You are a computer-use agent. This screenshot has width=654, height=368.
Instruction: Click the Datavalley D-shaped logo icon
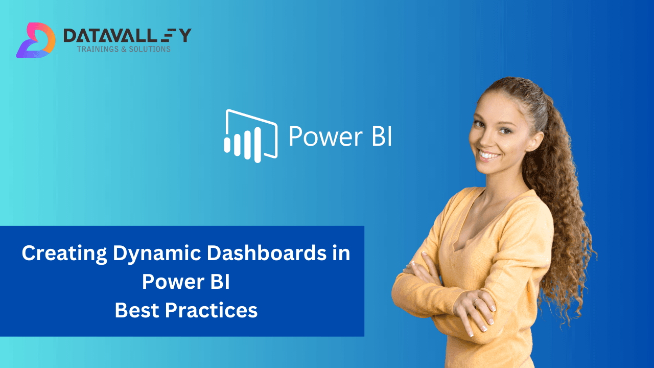coord(35,40)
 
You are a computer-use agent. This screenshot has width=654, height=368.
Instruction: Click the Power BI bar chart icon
coord(250,135)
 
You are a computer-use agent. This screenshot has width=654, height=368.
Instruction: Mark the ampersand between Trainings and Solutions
coord(123,50)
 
